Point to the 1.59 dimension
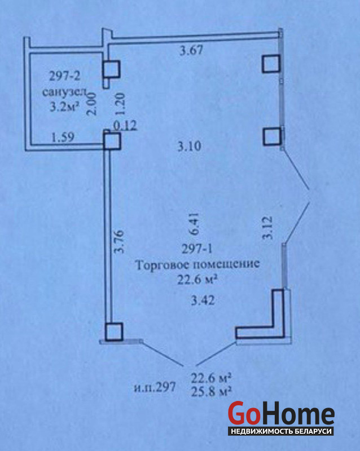(x=62, y=138)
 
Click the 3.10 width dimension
(x=188, y=147)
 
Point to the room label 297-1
(x=195, y=248)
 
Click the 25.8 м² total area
(x=212, y=390)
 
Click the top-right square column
(x=271, y=64)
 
